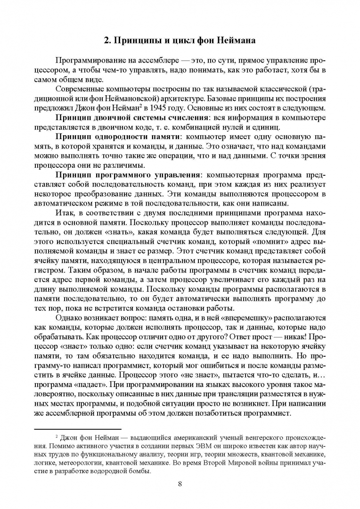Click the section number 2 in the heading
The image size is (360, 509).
tap(106, 40)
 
